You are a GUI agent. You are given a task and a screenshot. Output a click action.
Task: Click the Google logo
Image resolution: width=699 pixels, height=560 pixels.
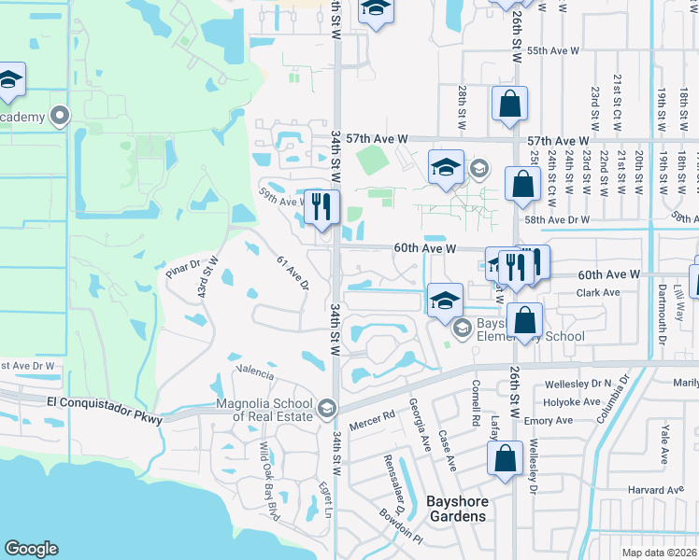tap(31, 550)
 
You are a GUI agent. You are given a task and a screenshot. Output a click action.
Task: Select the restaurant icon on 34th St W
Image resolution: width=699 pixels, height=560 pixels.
tap(321, 207)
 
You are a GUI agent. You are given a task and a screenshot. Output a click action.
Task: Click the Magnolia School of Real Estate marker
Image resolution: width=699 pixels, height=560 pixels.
tap(326, 408)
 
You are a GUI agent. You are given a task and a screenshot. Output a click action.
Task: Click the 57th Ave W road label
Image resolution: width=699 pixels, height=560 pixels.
tap(377, 138)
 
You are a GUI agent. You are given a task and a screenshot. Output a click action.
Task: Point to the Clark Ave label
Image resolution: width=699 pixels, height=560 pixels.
tap(598, 293)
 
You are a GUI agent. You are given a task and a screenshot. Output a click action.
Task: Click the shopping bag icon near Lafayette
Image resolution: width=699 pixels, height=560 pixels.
tap(505, 458)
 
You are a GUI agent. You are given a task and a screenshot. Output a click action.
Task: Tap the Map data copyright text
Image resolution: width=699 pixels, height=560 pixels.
tap(660, 553)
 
